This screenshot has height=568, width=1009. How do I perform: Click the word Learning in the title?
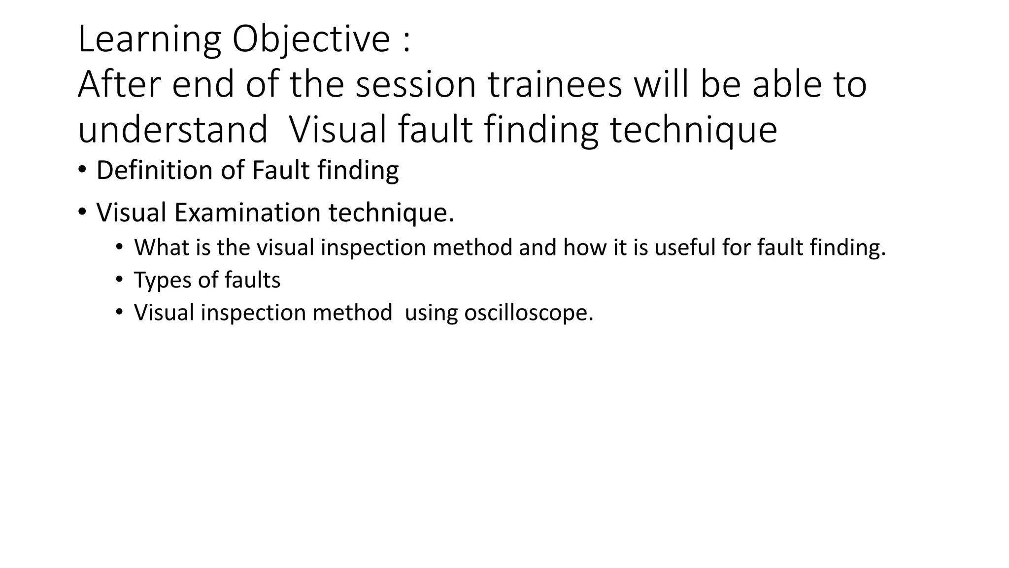coord(149,39)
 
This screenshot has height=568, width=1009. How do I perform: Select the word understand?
coord(173,130)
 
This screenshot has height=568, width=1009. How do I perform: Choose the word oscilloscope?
coord(529,313)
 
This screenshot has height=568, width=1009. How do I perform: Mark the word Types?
coord(162,281)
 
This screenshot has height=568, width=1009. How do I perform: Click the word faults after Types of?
coord(252,280)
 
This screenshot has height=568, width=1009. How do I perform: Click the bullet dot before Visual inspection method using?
coord(119,313)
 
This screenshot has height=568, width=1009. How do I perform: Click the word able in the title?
coord(782,85)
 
